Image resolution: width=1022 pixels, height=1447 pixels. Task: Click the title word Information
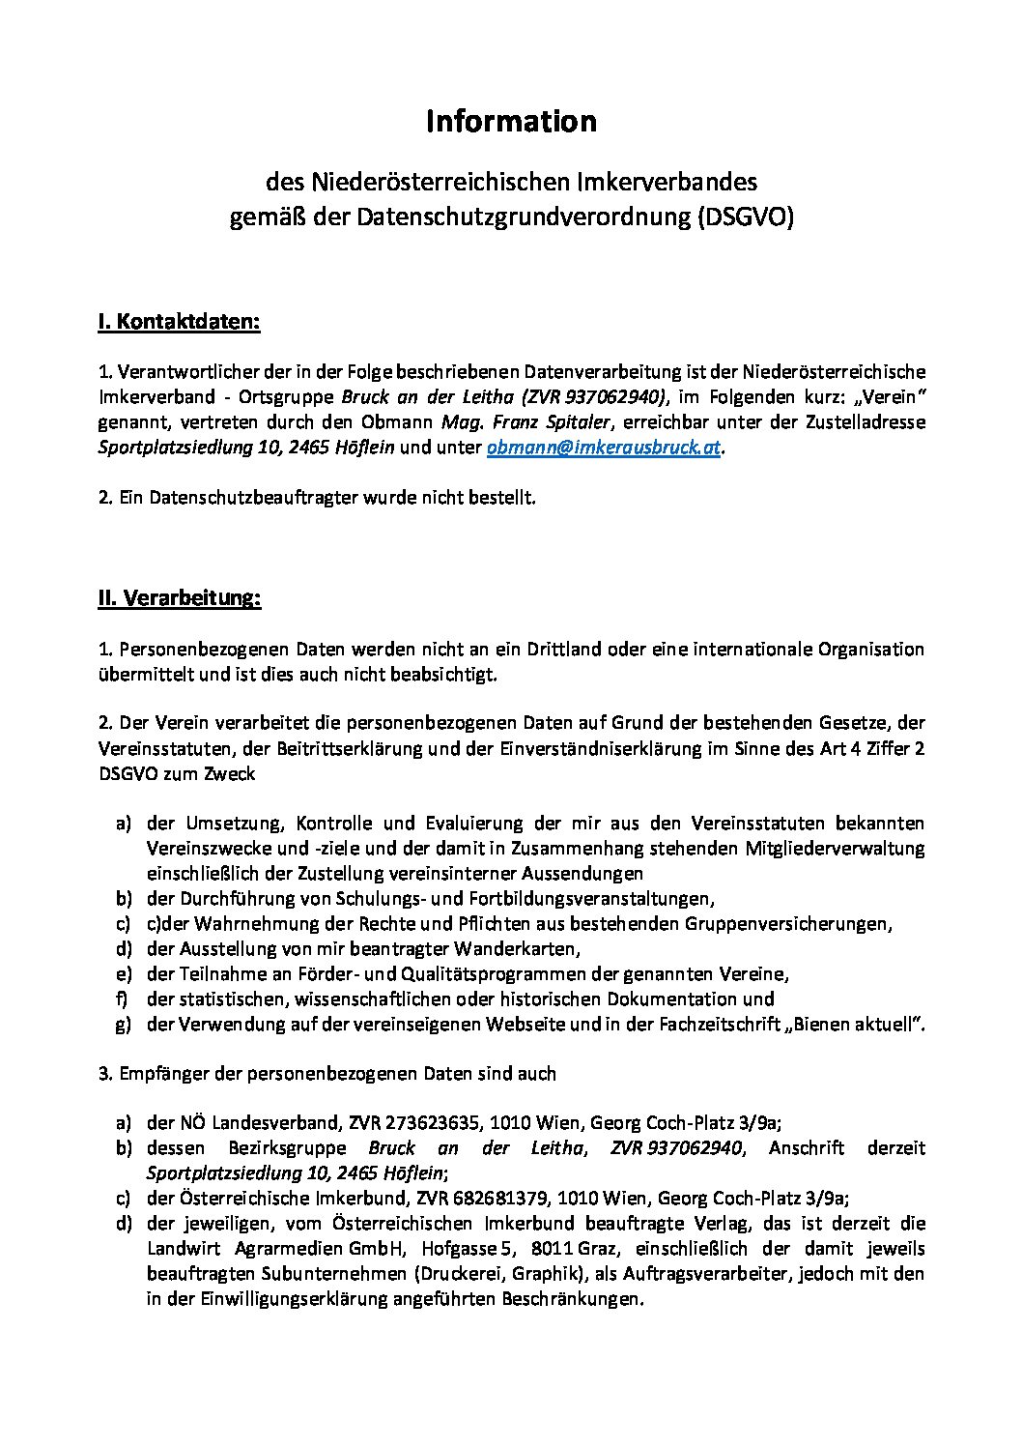(x=511, y=122)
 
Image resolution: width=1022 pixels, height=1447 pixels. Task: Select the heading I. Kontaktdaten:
(x=179, y=322)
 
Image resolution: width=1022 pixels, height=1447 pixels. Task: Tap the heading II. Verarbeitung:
(x=179, y=597)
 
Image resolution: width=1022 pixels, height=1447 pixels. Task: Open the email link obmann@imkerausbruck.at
(x=604, y=448)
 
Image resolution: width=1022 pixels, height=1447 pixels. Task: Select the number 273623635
(x=432, y=1123)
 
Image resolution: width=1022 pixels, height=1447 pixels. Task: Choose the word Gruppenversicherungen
(x=786, y=924)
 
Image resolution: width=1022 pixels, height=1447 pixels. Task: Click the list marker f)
(x=123, y=999)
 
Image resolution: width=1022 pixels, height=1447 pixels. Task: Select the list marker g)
(x=123, y=1025)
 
